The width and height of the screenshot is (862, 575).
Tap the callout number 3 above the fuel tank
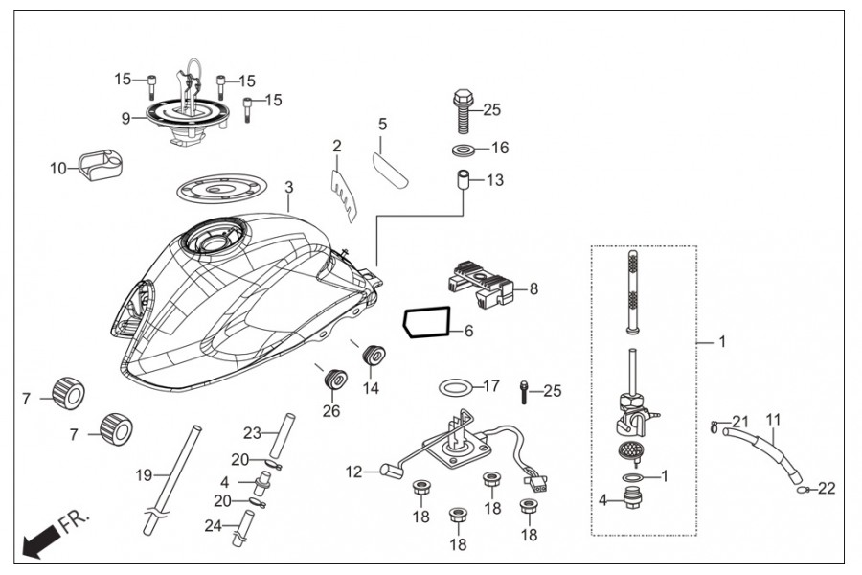click(x=289, y=187)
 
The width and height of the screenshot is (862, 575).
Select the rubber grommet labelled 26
click(x=334, y=378)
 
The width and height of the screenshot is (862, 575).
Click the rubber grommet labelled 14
click(x=374, y=355)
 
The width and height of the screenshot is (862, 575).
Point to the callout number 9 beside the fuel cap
click(x=125, y=118)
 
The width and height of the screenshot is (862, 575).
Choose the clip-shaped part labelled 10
click(x=100, y=164)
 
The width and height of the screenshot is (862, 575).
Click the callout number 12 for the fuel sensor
click(x=354, y=471)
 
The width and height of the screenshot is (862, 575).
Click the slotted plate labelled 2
click(x=344, y=195)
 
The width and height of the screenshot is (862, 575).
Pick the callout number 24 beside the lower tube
click(x=213, y=526)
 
